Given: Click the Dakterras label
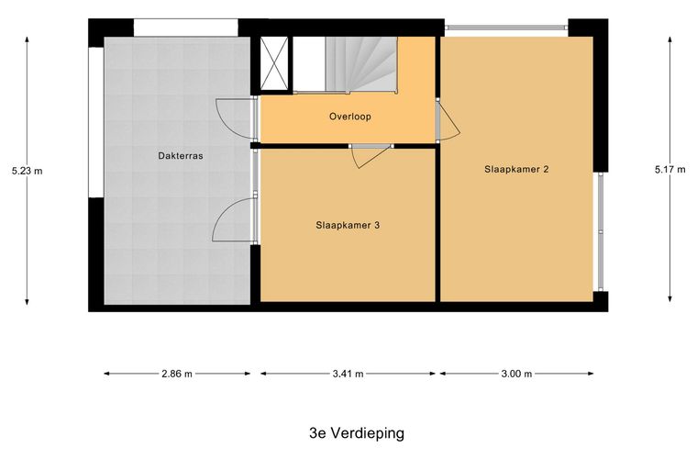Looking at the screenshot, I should pos(179,156).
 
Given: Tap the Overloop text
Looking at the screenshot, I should pos(349,117).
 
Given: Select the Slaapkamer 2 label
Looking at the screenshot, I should pos(516,169).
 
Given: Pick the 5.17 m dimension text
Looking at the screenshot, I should pos(669,169).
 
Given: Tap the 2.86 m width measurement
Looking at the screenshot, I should pos(177,374).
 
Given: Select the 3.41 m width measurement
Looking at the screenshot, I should pos(348,374).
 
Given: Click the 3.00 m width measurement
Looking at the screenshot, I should pos(516,374).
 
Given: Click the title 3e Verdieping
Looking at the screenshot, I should pos(356,431).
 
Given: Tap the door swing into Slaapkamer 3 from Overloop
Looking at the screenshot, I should pos(370,157).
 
